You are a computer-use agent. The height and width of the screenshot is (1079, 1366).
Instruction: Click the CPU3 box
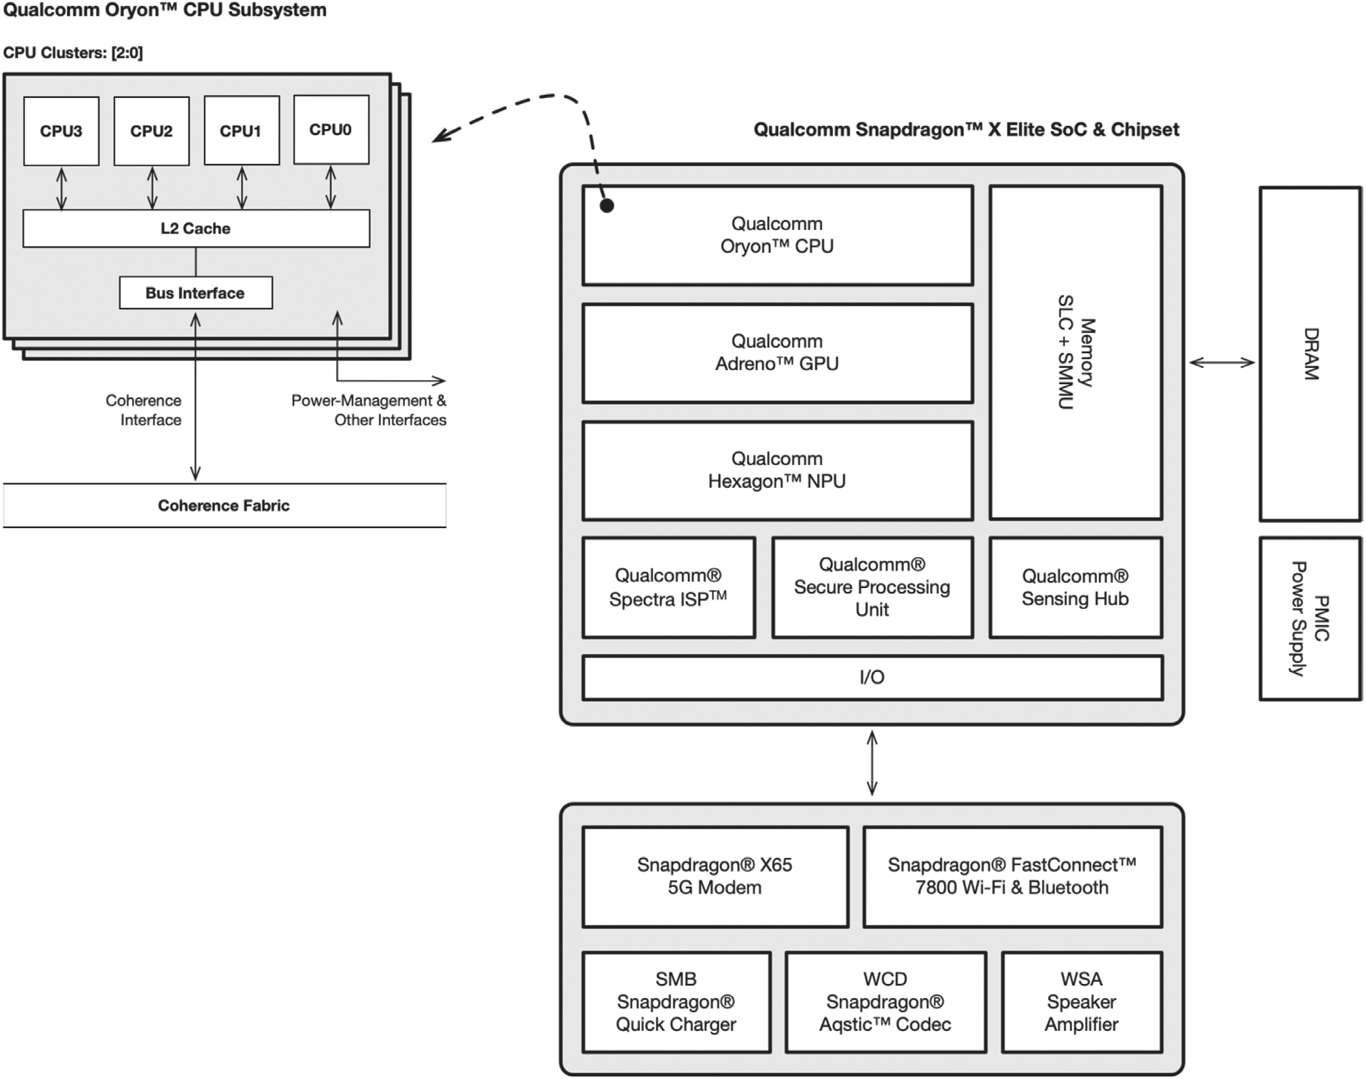(x=62, y=131)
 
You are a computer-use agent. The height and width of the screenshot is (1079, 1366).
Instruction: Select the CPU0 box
(x=331, y=130)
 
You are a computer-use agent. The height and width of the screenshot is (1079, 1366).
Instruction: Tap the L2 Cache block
(x=196, y=228)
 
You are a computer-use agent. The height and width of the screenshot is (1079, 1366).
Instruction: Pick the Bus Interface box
(x=196, y=293)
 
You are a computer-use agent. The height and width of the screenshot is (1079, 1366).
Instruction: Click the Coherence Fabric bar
(x=224, y=506)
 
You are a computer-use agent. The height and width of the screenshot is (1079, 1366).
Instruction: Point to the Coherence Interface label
(x=144, y=410)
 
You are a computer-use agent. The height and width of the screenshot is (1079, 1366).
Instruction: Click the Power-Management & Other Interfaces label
(x=369, y=410)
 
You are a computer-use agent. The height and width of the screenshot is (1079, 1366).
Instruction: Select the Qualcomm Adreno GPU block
(x=777, y=353)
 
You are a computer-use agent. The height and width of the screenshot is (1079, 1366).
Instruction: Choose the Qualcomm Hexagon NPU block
(x=777, y=470)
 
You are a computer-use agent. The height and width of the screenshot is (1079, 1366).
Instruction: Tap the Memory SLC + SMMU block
(x=1075, y=353)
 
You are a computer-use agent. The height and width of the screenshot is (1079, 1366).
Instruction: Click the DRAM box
(x=1310, y=354)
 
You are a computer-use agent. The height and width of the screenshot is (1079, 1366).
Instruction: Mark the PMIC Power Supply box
(x=1310, y=618)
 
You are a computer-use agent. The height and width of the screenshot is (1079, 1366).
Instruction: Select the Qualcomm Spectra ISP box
(x=668, y=587)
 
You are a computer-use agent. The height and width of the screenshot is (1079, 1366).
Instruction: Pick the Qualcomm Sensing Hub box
(x=1075, y=587)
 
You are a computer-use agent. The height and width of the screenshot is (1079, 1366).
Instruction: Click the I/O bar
(x=872, y=677)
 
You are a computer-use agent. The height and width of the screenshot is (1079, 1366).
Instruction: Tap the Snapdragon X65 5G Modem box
(x=715, y=877)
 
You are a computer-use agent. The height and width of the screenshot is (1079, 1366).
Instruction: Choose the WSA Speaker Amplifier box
(x=1081, y=1002)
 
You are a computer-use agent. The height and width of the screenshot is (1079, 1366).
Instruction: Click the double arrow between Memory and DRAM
(x=1221, y=363)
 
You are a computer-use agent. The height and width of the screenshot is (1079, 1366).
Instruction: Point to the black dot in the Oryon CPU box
(x=607, y=206)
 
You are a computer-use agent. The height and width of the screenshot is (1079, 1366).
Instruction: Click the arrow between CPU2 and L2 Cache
(x=152, y=188)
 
